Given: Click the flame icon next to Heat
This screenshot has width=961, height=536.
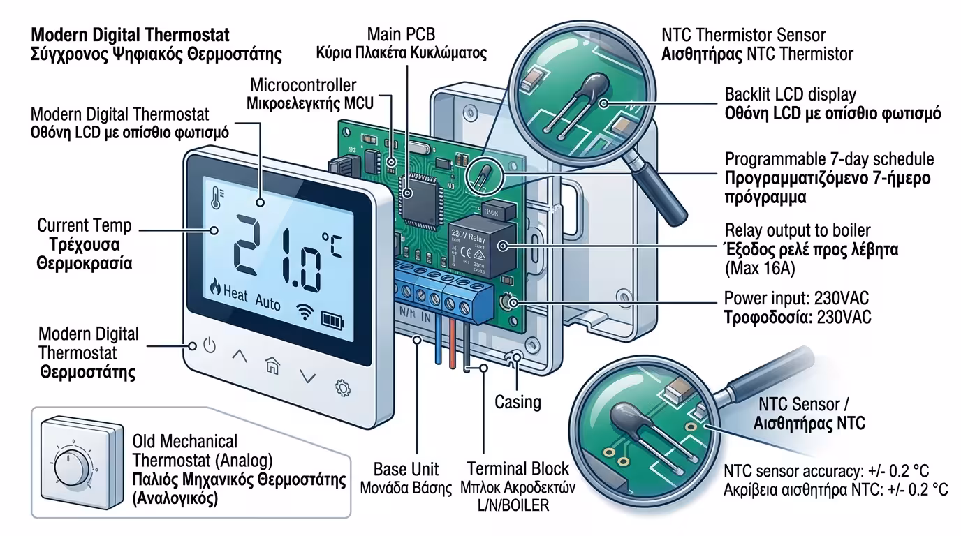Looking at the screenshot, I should pyautogui.click(x=214, y=287).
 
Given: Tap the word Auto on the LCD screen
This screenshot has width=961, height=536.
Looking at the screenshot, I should pyautogui.click(x=267, y=304).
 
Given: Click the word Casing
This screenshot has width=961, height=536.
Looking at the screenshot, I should pyautogui.click(x=518, y=402).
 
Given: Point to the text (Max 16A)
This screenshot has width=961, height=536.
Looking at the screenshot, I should pyautogui.click(x=758, y=267).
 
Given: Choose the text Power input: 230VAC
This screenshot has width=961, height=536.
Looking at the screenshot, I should pyautogui.click(x=797, y=299).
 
